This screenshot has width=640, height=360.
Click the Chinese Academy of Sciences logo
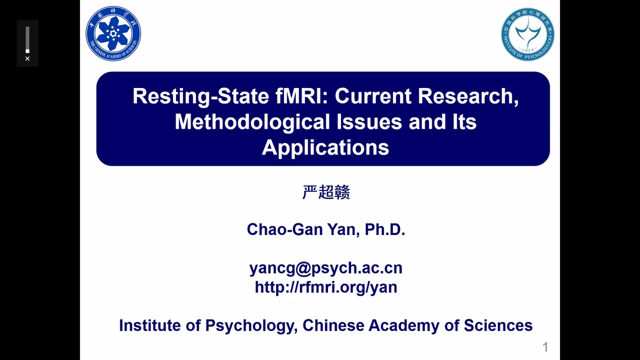[x=113, y=34]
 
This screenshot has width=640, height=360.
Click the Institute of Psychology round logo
[x=528, y=34]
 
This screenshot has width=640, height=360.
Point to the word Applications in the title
[x=325, y=147]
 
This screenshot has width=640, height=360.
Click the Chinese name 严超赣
[x=326, y=193]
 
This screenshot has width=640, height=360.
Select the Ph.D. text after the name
[x=385, y=230]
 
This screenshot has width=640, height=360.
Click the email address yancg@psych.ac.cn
[x=326, y=268]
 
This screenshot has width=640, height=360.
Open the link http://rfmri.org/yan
[x=326, y=287]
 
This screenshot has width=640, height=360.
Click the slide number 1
[x=546, y=347]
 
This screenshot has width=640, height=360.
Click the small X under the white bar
[x=27, y=58]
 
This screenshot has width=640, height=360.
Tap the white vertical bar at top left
[x=27, y=39]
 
